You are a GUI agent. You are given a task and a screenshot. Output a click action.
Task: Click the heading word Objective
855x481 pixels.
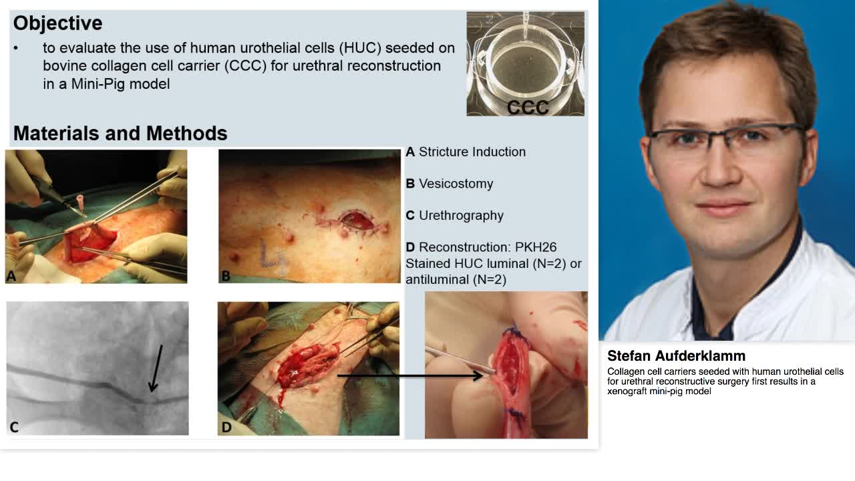(x=57, y=23)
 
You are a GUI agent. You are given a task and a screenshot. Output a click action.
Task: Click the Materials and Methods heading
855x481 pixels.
(x=120, y=133)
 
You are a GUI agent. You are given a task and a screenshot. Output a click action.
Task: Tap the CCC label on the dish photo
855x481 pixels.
(x=528, y=108)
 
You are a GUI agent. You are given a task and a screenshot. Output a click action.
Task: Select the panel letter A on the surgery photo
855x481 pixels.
(x=11, y=276)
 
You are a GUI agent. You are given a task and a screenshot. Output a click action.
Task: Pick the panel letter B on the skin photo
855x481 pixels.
(x=226, y=276)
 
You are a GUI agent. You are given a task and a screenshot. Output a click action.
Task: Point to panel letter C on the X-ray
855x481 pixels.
(x=14, y=427)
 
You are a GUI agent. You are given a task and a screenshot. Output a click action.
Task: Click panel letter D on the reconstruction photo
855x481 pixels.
(x=226, y=427)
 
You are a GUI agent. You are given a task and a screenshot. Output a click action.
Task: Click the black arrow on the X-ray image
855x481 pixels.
(x=156, y=368)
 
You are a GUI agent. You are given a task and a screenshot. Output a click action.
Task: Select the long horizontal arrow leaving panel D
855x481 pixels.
(x=410, y=375)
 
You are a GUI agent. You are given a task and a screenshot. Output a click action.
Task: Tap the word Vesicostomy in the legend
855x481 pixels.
(x=456, y=184)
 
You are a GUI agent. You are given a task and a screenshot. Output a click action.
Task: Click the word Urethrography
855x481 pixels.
(x=461, y=216)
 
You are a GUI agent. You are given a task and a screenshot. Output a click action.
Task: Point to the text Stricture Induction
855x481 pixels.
(x=472, y=152)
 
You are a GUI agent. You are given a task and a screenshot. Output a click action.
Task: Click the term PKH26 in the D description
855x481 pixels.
(x=536, y=247)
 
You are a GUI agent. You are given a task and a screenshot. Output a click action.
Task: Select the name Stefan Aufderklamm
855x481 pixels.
(x=676, y=356)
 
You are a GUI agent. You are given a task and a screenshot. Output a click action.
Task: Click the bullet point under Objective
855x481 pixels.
(x=15, y=48)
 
